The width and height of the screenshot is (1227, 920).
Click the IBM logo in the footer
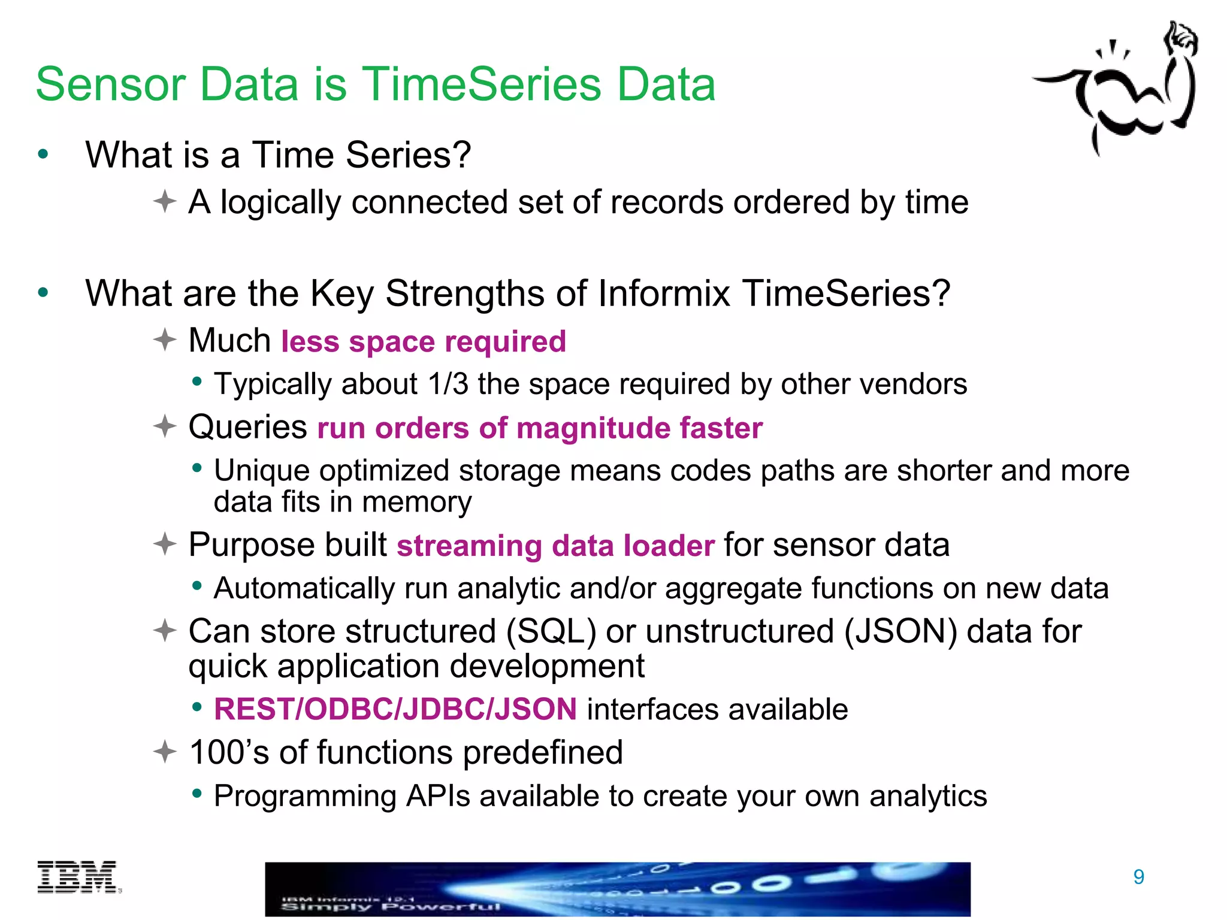click(x=78, y=877)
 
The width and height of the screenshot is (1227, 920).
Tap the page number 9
click(x=1138, y=877)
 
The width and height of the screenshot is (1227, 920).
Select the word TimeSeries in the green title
click(x=483, y=84)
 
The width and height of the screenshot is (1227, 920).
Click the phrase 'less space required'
click(x=423, y=341)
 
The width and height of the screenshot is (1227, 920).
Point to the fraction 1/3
click(x=448, y=384)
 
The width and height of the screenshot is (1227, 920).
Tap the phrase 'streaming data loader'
click(x=555, y=546)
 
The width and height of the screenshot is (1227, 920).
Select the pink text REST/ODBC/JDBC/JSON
click(x=395, y=709)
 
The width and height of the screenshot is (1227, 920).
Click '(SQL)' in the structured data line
click(x=551, y=632)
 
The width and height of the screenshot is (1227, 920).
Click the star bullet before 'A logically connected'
click(x=164, y=201)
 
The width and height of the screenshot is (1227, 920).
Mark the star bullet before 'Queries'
click(x=164, y=426)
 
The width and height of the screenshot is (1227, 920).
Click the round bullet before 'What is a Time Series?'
click(x=43, y=155)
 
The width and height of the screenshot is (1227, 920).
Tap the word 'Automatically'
click(x=304, y=588)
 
